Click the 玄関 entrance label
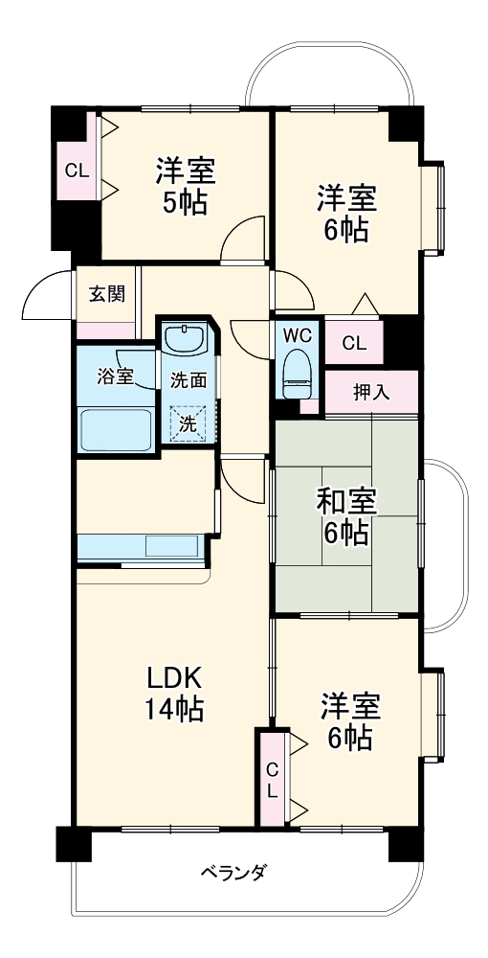[106, 294]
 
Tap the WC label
[297, 336]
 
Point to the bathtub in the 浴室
[115, 429]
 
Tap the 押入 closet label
[371, 392]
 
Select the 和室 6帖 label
[345, 516]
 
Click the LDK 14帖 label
[173, 694]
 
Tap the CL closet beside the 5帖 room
[77, 171]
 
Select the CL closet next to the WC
[353, 342]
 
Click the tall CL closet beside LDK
[272, 778]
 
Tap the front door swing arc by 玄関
[46, 296]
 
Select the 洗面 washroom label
[188, 380]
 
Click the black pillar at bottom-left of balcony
[73, 843]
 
